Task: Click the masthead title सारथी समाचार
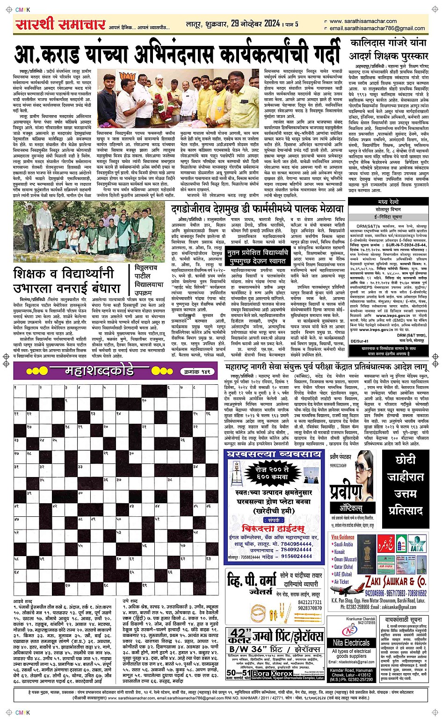[60, 24]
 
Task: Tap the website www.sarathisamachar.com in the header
[362, 21]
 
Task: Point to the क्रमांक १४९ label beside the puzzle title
[197, 371]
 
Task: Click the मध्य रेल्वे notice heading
[388, 202]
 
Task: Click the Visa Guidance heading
[342, 536]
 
